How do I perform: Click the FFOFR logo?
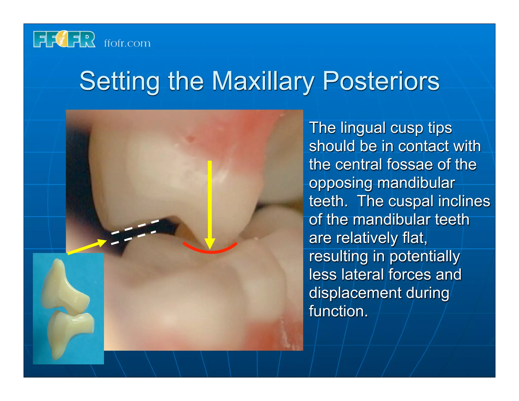coord(64,40)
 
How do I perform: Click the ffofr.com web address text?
coord(127,43)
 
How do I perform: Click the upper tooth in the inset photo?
coord(65,286)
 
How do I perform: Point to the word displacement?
coord(355,293)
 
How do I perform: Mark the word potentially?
coord(425,257)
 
